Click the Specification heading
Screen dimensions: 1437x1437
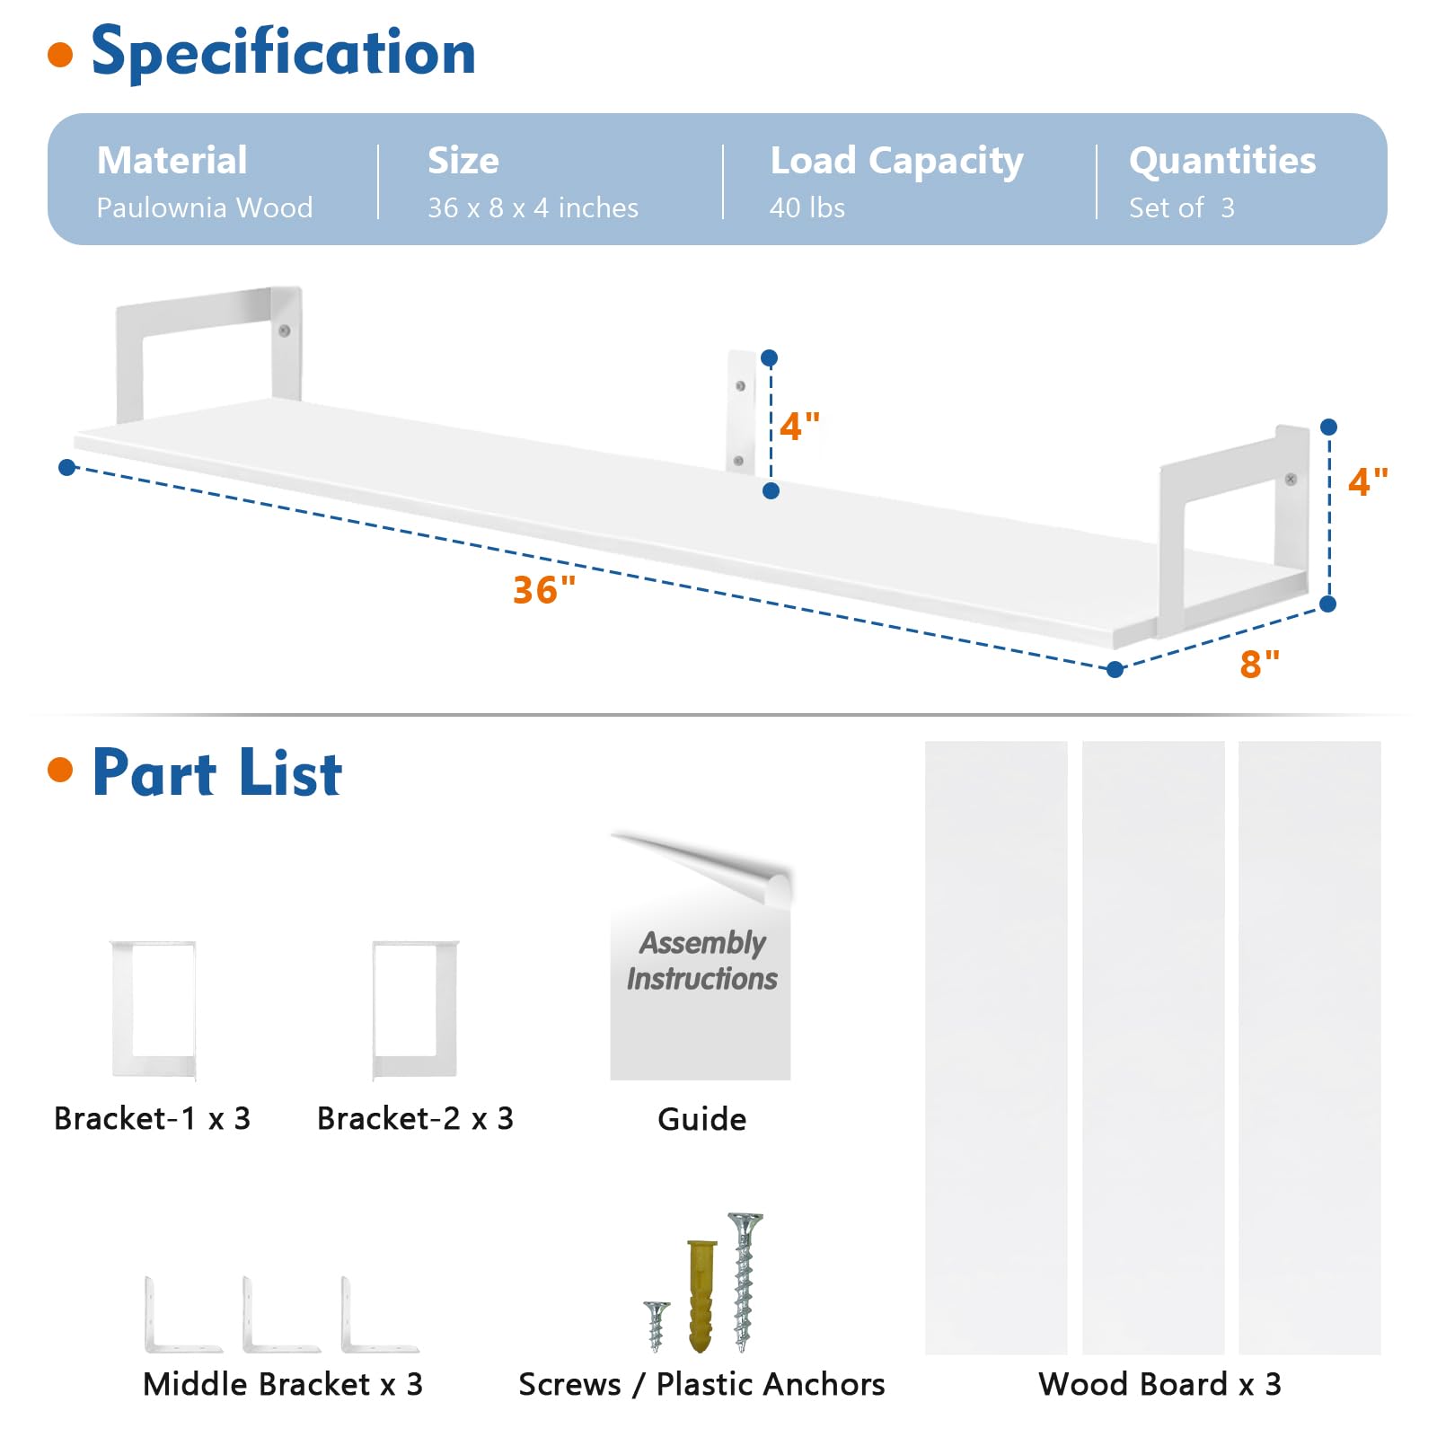[284, 52]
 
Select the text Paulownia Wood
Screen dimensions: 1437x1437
[205, 207]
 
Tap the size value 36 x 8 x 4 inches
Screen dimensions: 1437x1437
[533, 207]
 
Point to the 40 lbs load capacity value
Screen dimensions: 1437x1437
[807, 207]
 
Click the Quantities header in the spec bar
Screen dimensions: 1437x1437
[1222, 161]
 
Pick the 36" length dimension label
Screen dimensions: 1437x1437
[544, 590]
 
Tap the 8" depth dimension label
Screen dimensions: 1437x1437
[1259, 664]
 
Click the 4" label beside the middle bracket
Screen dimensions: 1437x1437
[799, 426]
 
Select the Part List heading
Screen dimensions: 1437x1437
[217, 773]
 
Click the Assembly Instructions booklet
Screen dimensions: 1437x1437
[701, 957]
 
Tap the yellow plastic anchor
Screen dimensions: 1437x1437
[701, 1296]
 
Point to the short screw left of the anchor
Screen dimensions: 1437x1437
[657, 1326]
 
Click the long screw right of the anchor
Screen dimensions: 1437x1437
[744, 1282]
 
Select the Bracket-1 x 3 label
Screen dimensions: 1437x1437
[152, 1118]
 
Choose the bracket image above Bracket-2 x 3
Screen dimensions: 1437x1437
[415, 1009]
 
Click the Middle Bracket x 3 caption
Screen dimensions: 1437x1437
[282, 1384]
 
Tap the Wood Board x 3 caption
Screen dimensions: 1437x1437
[1159, 1384]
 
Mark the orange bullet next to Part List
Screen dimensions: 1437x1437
[60, 770]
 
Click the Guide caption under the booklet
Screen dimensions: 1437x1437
[701, 1119]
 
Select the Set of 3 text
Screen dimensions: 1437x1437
[1182, 207]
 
